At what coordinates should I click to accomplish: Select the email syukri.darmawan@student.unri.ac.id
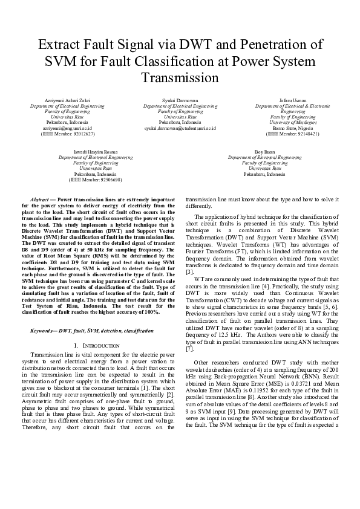(x=180, y=128)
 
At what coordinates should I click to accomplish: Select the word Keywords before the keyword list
(x=42, y=331)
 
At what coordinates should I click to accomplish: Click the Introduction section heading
(x=95, y=345)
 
